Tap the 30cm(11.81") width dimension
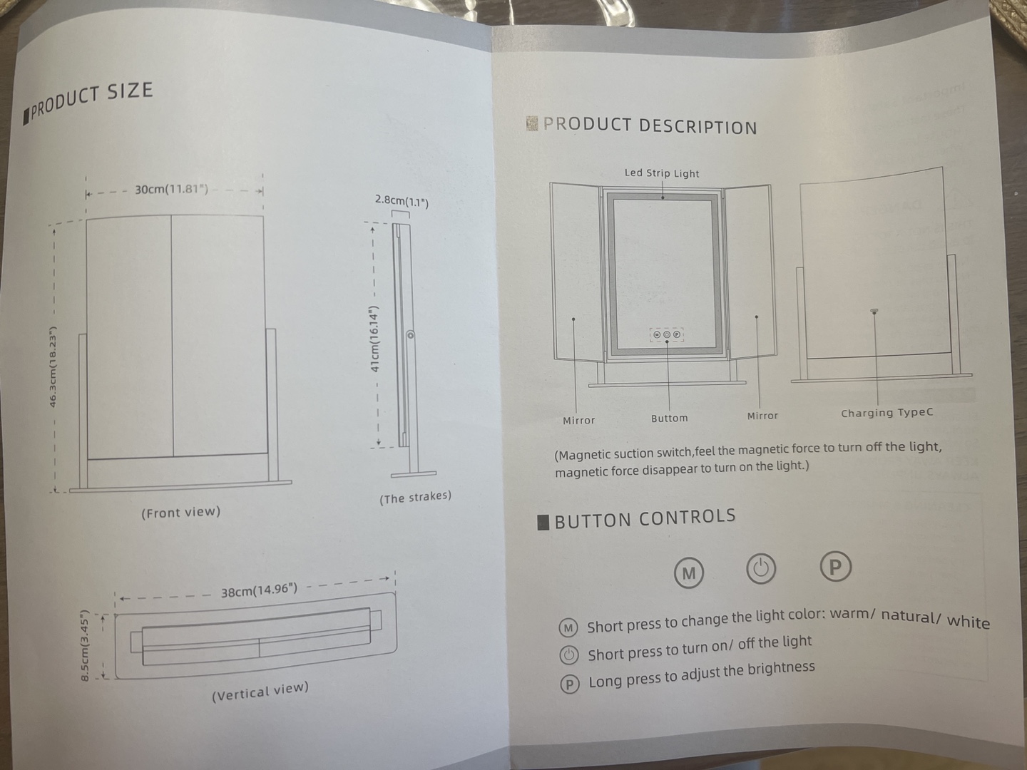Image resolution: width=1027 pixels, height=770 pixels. point(172,190)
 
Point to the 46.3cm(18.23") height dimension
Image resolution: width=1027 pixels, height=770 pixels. point(53,368)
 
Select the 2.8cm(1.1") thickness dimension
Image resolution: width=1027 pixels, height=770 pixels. point(402,202)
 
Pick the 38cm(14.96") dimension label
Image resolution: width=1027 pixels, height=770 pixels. point(259,590)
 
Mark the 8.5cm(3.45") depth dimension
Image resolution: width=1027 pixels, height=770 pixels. point(84,645)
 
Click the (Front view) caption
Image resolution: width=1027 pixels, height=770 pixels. point(181,512)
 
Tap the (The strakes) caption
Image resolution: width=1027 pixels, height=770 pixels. point(415,497)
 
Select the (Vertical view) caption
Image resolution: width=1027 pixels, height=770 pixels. point(260,692)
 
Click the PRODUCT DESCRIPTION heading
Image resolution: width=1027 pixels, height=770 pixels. point(650,126)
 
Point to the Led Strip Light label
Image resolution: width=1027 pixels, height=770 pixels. point(662,173)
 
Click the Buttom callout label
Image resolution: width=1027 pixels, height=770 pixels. point(669,419)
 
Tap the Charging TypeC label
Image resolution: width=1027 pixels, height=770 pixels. point(887,413)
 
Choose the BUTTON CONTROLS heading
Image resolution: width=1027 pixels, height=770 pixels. point(645,518)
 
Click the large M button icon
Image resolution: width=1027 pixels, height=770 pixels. point(689,573)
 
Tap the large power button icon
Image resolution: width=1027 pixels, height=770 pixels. point(761,569)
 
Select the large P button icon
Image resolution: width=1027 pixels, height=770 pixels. point(836,567)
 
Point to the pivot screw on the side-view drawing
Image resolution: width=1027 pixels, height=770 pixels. point(411,335)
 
